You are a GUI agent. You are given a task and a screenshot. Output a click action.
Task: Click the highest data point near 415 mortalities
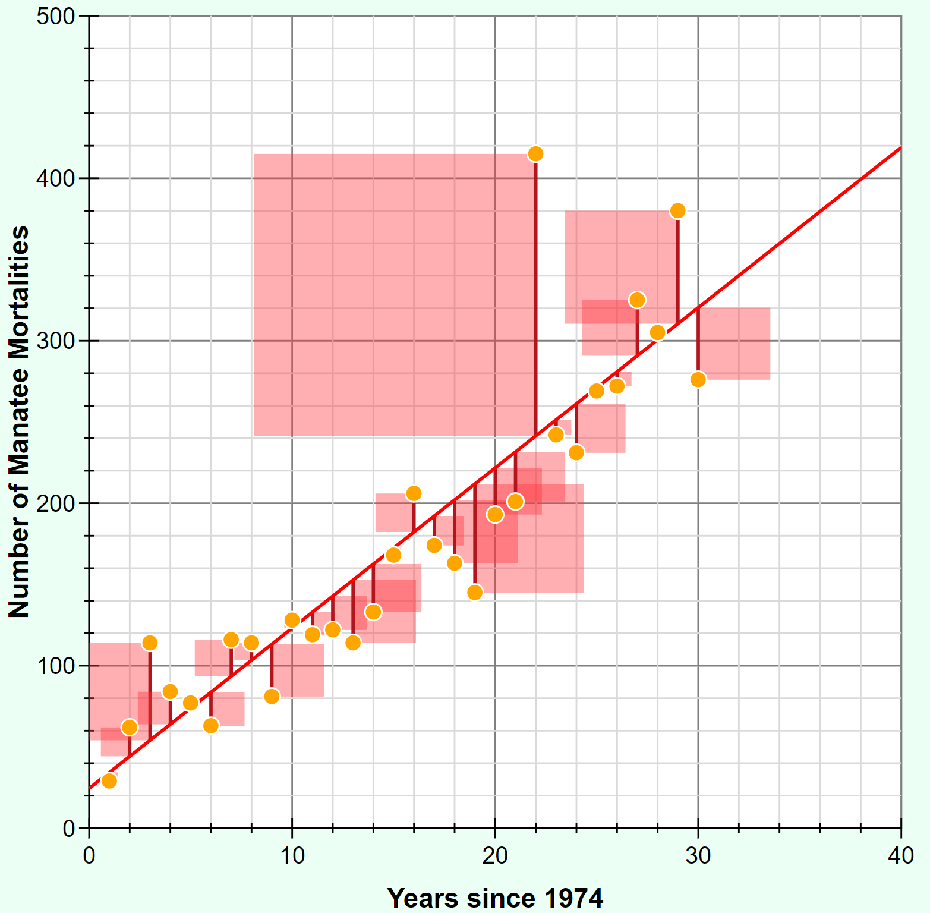tap(535, 154)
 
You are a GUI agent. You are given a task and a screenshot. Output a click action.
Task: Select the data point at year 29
tap(677, 211)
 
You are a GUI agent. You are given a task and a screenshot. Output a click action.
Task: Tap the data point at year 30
tap(698, 379)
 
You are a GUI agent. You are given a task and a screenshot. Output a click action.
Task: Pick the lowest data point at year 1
tap(109, 780)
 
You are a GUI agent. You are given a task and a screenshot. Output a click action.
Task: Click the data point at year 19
tap(475, 592)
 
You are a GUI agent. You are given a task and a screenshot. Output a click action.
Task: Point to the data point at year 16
tap(414, 493)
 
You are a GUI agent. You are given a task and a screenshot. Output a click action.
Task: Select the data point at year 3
tap(150, 643)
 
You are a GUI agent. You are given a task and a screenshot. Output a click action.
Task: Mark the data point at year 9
tap(272, 696)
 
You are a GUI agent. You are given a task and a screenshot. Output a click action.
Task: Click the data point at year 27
tap(637, 300)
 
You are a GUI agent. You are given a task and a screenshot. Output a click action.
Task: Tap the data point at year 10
tap(292, 621)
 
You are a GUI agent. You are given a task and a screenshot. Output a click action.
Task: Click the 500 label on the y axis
tap(55, 17)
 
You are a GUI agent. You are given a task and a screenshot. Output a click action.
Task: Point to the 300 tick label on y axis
tap(55, 341)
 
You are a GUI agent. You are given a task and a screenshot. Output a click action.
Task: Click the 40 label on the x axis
tap(901, 856)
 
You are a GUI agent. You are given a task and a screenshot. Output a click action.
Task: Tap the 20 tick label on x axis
tap(495, 856)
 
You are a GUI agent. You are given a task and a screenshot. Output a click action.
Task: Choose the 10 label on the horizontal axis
tap(292, 856)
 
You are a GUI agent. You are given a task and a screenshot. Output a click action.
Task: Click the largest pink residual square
tap(392, 295)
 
